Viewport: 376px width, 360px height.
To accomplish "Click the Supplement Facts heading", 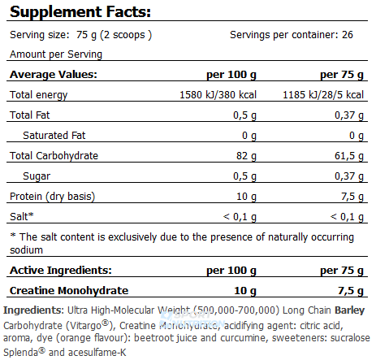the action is (x=80, y=12).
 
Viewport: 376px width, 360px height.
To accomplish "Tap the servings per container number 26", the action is (x=348, y=35).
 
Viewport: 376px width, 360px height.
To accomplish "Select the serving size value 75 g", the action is (x=86, y=35).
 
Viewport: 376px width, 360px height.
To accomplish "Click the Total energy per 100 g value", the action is (x=218, y=95).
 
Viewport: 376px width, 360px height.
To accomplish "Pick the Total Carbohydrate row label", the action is (x=54, y=156).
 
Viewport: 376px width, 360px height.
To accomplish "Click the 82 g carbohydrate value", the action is (x=246, y=156).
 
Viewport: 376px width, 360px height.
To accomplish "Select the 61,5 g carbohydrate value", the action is (x=349, y=156).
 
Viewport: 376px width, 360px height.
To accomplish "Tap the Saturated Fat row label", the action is (x=54, y=136).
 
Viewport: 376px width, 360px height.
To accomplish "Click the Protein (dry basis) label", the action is (x=53, y=197).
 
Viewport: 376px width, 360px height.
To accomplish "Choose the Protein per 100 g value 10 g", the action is (x=246, y=197).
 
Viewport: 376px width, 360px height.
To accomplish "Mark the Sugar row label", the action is (x=37, y=176).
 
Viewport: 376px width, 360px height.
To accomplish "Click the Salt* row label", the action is (x=22, y=217).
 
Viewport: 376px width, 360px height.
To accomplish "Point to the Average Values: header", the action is (x=54, y=74).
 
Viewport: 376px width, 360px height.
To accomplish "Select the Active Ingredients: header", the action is (x=61, y=271).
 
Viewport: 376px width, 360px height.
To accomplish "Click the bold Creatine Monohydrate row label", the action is (x=69, y=291).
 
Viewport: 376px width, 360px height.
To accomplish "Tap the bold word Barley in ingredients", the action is (x=350, y=310).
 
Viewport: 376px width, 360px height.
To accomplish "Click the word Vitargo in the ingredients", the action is (x=86, y=325).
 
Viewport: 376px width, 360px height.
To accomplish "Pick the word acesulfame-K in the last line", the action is (x=97, y=353).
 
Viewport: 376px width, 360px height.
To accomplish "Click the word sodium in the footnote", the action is (x=26, y=250).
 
